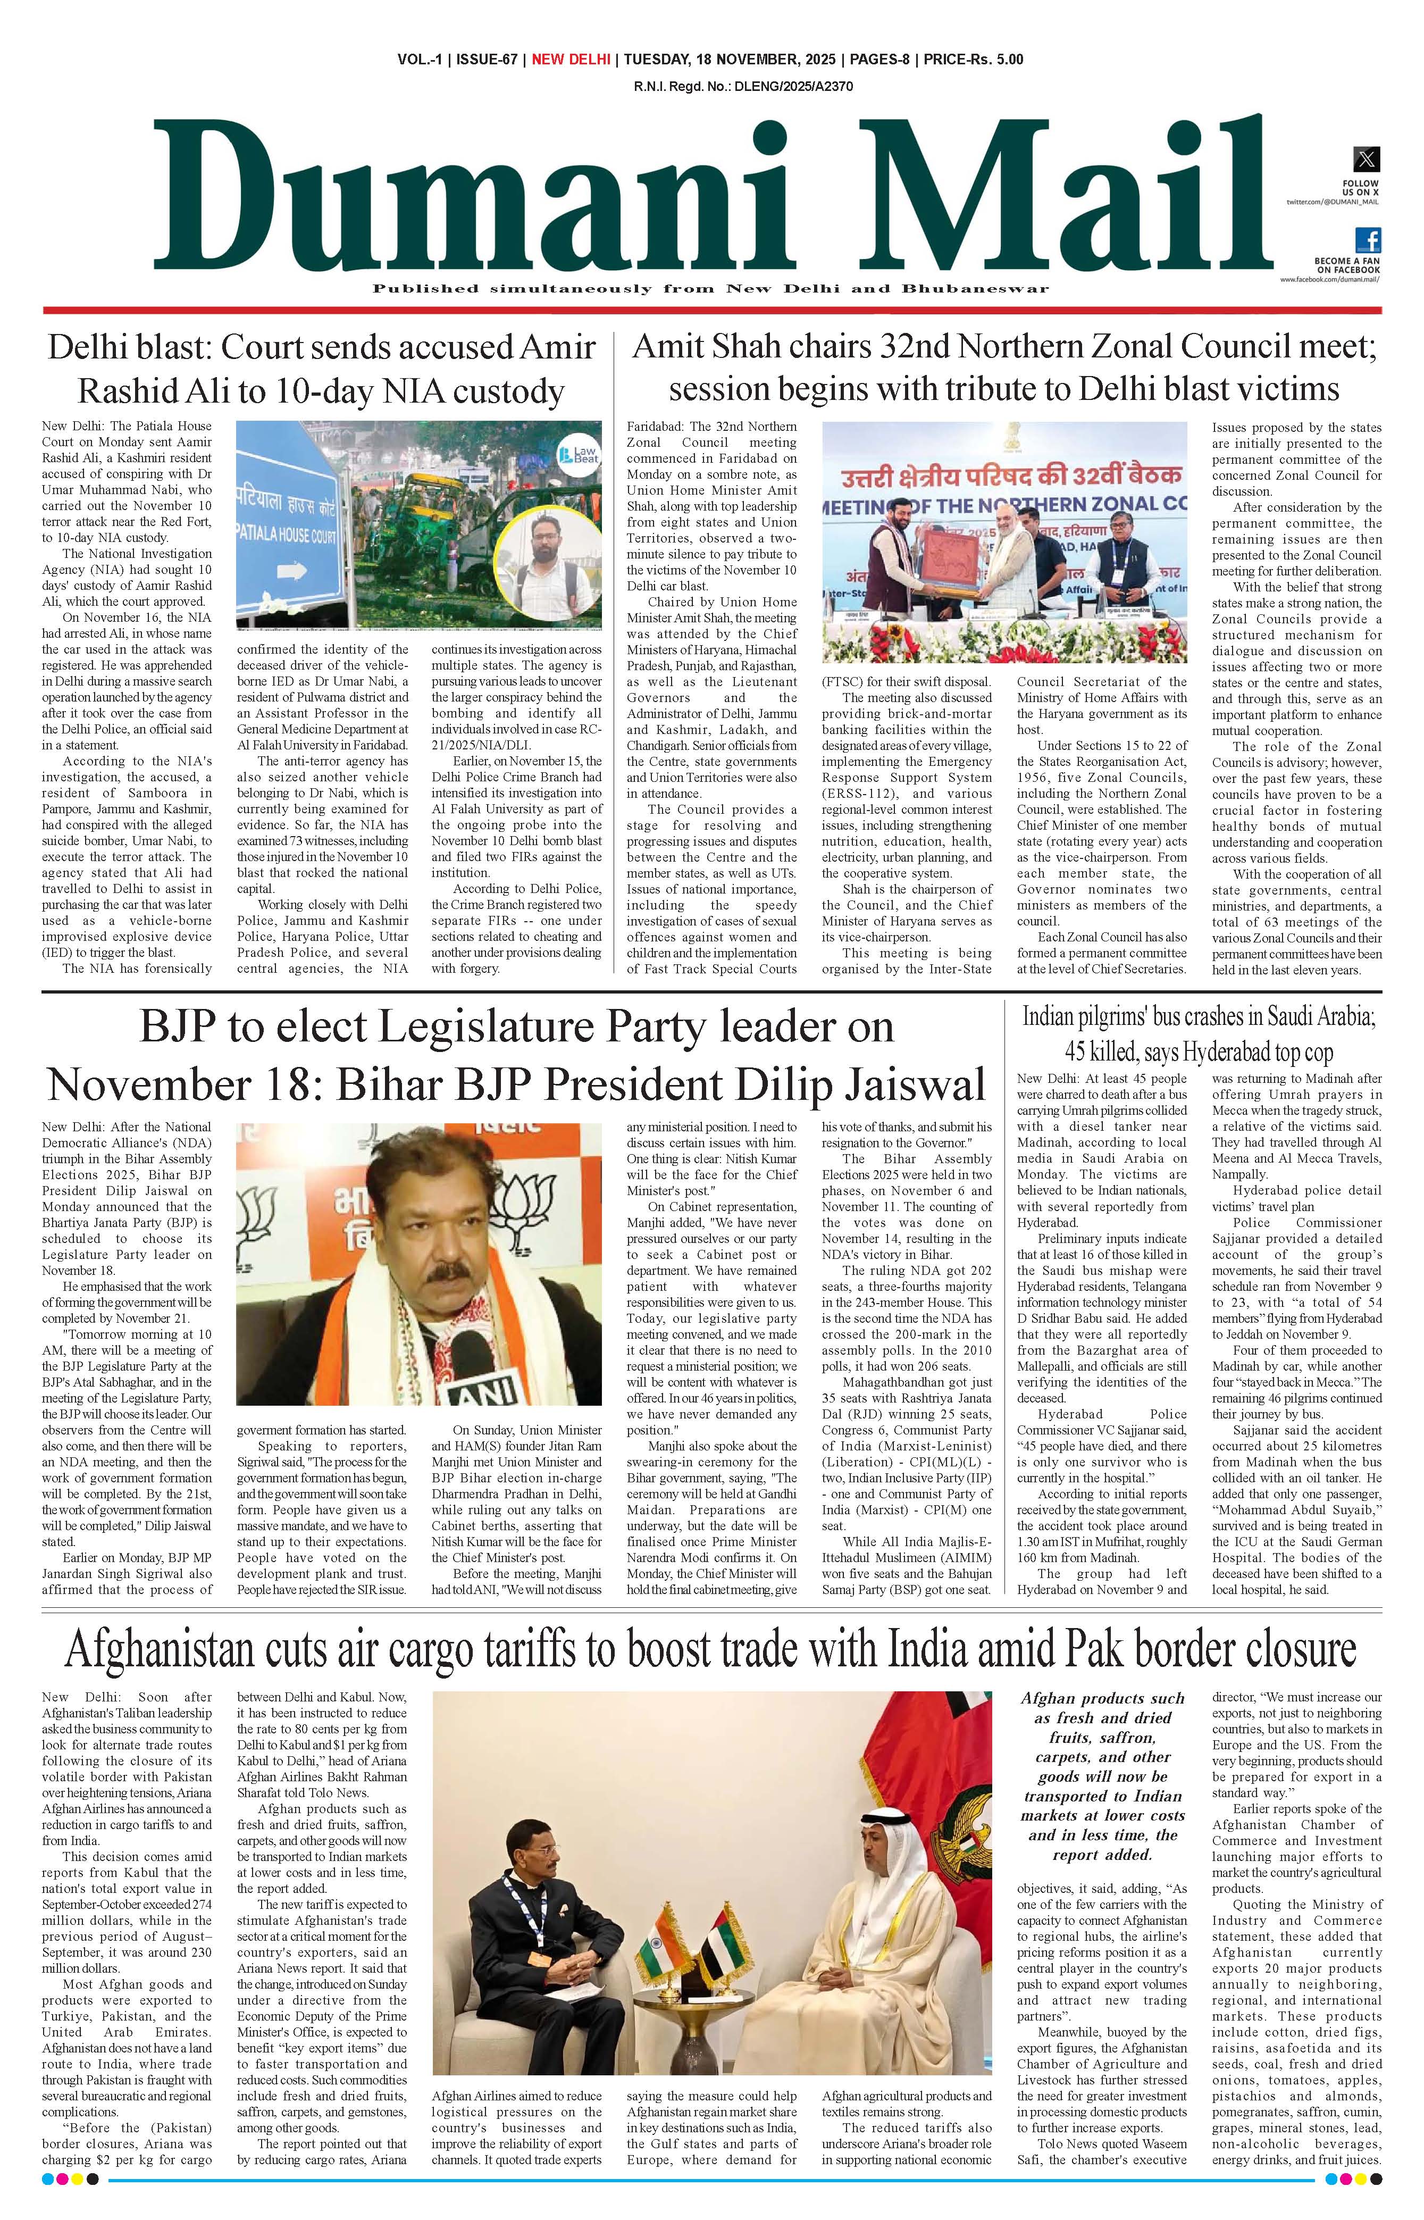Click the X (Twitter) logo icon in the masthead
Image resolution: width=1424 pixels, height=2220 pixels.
click(x=1366, y=159)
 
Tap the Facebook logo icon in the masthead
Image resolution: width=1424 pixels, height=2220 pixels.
click(x=1368, y=240)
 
